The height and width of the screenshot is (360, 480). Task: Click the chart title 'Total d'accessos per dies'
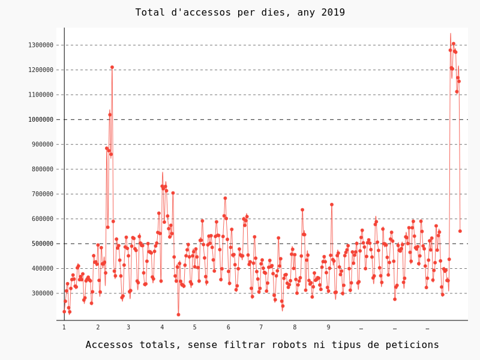[x=240, y=13]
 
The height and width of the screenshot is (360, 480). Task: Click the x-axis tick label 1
[x=64, y=327]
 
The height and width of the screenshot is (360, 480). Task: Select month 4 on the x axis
[x=162, y=327]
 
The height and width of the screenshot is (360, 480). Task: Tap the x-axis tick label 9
[x=328, y=327]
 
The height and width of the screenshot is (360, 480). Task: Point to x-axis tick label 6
[x=228, y=327]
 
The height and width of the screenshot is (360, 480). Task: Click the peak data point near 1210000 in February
[x=112, y=67]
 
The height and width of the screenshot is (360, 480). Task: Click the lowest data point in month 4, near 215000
[x=178, y=314]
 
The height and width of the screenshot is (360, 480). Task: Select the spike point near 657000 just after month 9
[x=332, y=205]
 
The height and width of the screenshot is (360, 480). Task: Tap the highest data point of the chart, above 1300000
[x=454, y=44]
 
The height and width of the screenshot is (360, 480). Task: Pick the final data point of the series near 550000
[x=460, y=231]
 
